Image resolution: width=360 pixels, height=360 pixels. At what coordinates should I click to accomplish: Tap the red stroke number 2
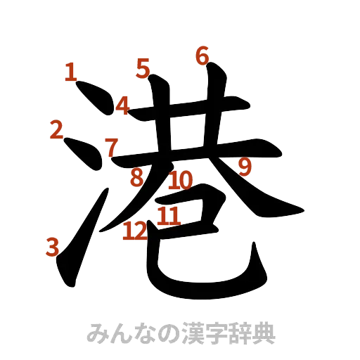click(58, 129)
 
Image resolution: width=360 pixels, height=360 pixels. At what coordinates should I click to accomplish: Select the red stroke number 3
click(52, 246)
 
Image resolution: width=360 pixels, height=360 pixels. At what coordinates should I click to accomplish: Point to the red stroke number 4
click(122, 106)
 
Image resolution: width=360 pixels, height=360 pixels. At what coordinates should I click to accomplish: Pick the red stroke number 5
click(143, 68)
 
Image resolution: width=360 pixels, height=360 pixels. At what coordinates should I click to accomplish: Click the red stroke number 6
click(202, 55)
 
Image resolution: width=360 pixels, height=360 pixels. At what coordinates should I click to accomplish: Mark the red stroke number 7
click(110, 147)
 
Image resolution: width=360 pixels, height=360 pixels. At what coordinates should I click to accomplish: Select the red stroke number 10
click(181, 180)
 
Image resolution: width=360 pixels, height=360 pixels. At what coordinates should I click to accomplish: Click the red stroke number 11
click(168, 215)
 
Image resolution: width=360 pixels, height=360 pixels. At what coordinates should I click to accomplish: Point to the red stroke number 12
click(134, 230)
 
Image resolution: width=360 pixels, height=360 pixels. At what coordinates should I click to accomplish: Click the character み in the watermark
click(96, 333)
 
